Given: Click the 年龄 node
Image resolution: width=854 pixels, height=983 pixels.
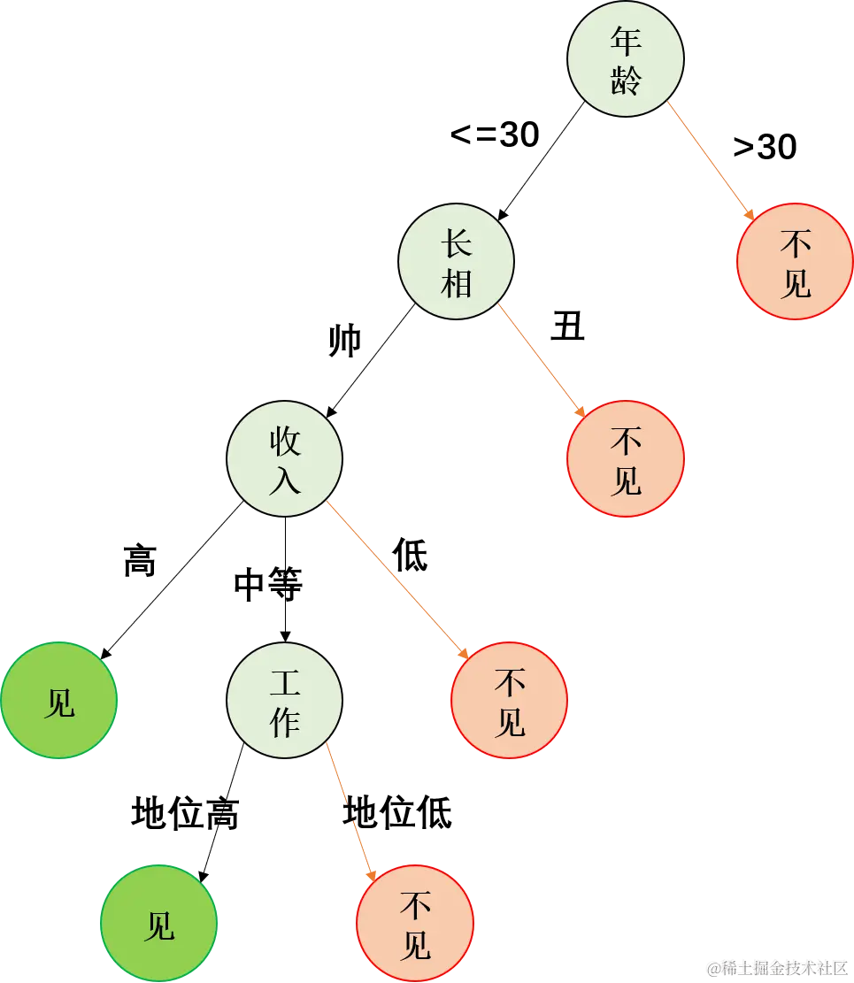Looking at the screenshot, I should click(626, 58).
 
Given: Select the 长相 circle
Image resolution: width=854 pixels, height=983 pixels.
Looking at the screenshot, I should click(456, 261).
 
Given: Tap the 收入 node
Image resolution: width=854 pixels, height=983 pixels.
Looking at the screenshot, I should click(285, 459).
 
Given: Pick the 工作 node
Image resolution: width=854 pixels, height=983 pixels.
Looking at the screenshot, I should click(285, 700).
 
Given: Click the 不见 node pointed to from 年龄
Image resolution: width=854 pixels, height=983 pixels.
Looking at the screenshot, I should click(795, 262).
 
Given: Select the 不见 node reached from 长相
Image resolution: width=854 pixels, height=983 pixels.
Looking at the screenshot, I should click(626, 459).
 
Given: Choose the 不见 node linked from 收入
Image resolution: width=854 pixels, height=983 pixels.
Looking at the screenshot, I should click(509, 700).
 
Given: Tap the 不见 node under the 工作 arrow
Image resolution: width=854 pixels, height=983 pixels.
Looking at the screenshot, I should click(415, 923).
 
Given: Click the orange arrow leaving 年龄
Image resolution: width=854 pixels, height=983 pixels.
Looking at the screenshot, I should click(708, 159).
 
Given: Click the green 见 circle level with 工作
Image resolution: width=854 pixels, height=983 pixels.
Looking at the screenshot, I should click(59, 700).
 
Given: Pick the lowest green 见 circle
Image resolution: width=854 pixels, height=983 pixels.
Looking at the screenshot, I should click(159, 923).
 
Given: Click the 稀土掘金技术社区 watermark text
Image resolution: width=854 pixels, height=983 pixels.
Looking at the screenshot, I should click(778, 967).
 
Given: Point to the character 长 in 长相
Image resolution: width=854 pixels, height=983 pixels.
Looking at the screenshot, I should click(456, 241).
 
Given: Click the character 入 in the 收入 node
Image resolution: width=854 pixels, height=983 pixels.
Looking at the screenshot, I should click(285, 480).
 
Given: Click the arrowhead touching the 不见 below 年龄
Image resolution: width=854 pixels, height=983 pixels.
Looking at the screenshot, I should click(749, 215).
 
